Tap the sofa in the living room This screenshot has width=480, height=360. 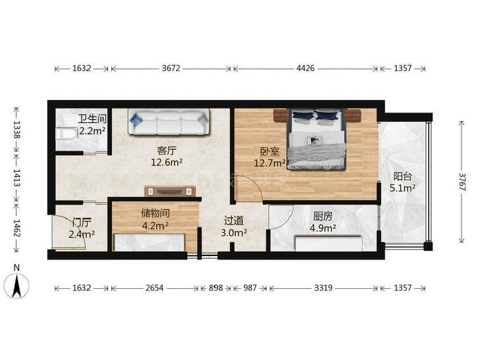[x=169, y=122]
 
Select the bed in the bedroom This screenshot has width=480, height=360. [x=317, y=139]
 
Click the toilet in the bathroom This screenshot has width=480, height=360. [x=67, y=134]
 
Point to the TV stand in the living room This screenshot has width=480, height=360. [x=170, y=191]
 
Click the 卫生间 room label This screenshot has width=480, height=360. [x=92, y=119]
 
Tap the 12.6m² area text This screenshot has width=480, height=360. [x=167, y=162]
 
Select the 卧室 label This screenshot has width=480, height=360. [x=270, y=151]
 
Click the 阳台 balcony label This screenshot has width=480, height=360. [x=402, y=176]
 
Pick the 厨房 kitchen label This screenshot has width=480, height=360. [x=323, y=217]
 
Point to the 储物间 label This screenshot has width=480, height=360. [x=155, y=213]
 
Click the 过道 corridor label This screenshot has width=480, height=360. [x=234, y=220]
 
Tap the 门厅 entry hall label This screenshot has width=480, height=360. [x=82, y=222]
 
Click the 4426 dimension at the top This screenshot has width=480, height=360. [x=306, y=68]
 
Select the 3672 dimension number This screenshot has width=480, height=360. [x=171, y=68]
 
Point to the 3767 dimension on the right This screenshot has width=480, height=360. [x=462, y=182]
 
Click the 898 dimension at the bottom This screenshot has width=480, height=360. [x=215, y=288]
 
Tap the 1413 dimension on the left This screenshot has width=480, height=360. [x=16, y=178]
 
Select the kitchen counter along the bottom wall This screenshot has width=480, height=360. [x=329, y=243]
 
